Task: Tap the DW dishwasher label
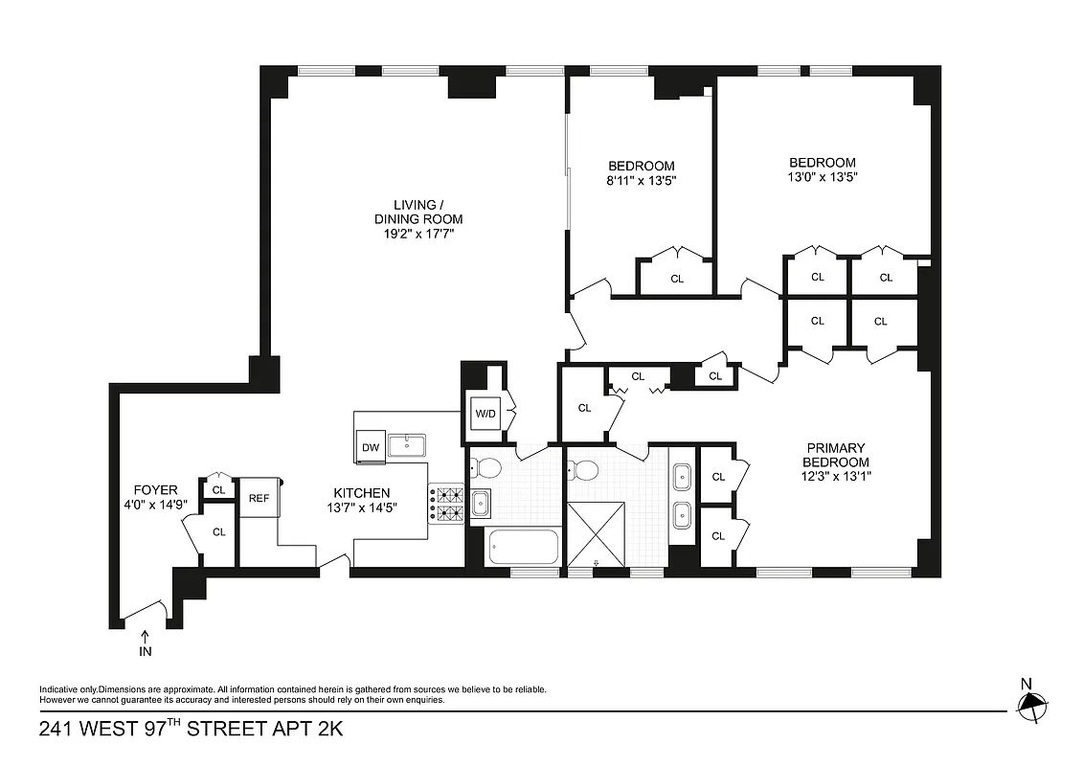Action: [369, 447]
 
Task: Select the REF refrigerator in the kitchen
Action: [259, 498]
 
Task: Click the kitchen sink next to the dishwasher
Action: [407, 443]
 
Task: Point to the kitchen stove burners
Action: [446, 506]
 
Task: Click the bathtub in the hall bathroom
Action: [523, 548]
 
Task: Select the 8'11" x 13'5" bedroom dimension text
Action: [641, 180]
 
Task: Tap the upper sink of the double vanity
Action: [682, 474]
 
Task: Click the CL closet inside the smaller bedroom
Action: [677, 279]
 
